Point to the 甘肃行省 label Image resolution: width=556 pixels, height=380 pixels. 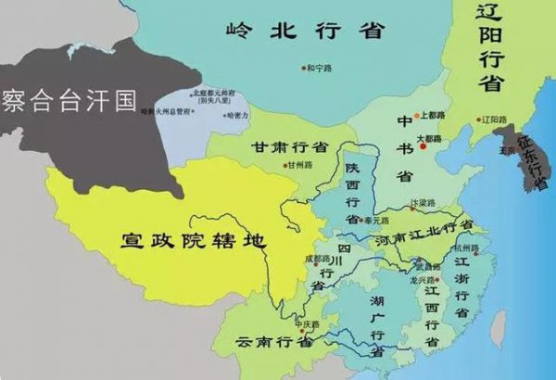pyautogui.click(x=290, y=148)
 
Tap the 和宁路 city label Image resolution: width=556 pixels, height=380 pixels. pyautogui.click(x=319, y=67)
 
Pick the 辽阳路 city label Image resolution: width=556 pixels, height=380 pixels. pyautogui.click(x=496, y=120)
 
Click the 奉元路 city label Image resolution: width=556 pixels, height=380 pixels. pyautogui.click(x=376, y=221)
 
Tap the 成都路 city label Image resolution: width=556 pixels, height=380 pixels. pyautogui.click(x=317, y=259)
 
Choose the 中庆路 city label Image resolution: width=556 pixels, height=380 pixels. pyautogui.click(x=308, y=324)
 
